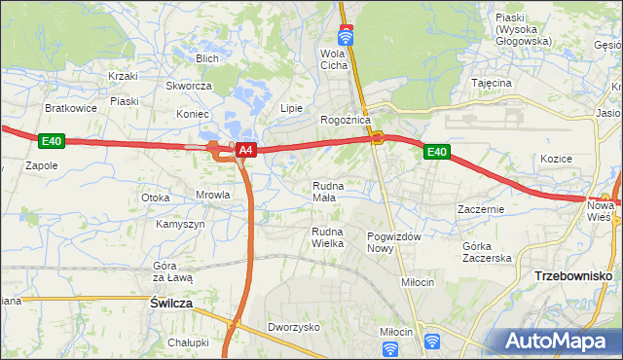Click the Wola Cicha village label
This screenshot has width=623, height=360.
[334, 59]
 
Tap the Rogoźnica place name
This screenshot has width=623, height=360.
[346, 120]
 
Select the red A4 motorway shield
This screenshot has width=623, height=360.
[246, 150]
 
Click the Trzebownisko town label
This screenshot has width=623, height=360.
[572, 276]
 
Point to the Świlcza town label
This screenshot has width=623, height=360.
[171, 304]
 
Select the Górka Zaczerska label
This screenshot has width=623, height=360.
[487, 252]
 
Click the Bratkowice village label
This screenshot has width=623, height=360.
[71, 108]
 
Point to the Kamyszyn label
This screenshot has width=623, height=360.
[180, 224]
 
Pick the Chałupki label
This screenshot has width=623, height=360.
[188, 342]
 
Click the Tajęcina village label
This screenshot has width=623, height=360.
[492, 84]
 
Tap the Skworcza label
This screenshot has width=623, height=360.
[189, 86]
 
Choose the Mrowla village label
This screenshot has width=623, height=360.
[212, 195]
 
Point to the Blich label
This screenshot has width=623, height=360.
[206, 58]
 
